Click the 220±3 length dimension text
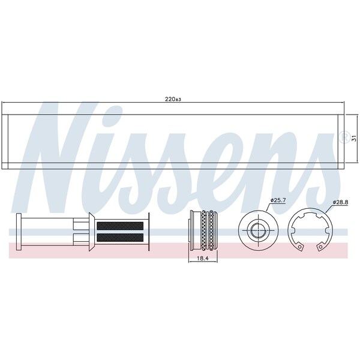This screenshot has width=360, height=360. [173, 99]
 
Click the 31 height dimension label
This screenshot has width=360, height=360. [354, 139]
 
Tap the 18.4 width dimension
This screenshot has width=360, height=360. [203, 258]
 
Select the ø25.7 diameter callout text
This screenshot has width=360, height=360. [278, 200]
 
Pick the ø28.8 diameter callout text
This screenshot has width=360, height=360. [340, 202]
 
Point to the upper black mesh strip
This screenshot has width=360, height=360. [120, 226]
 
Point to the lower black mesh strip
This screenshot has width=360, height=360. [120, 238]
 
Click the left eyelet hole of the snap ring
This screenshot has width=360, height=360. [299, 247]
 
